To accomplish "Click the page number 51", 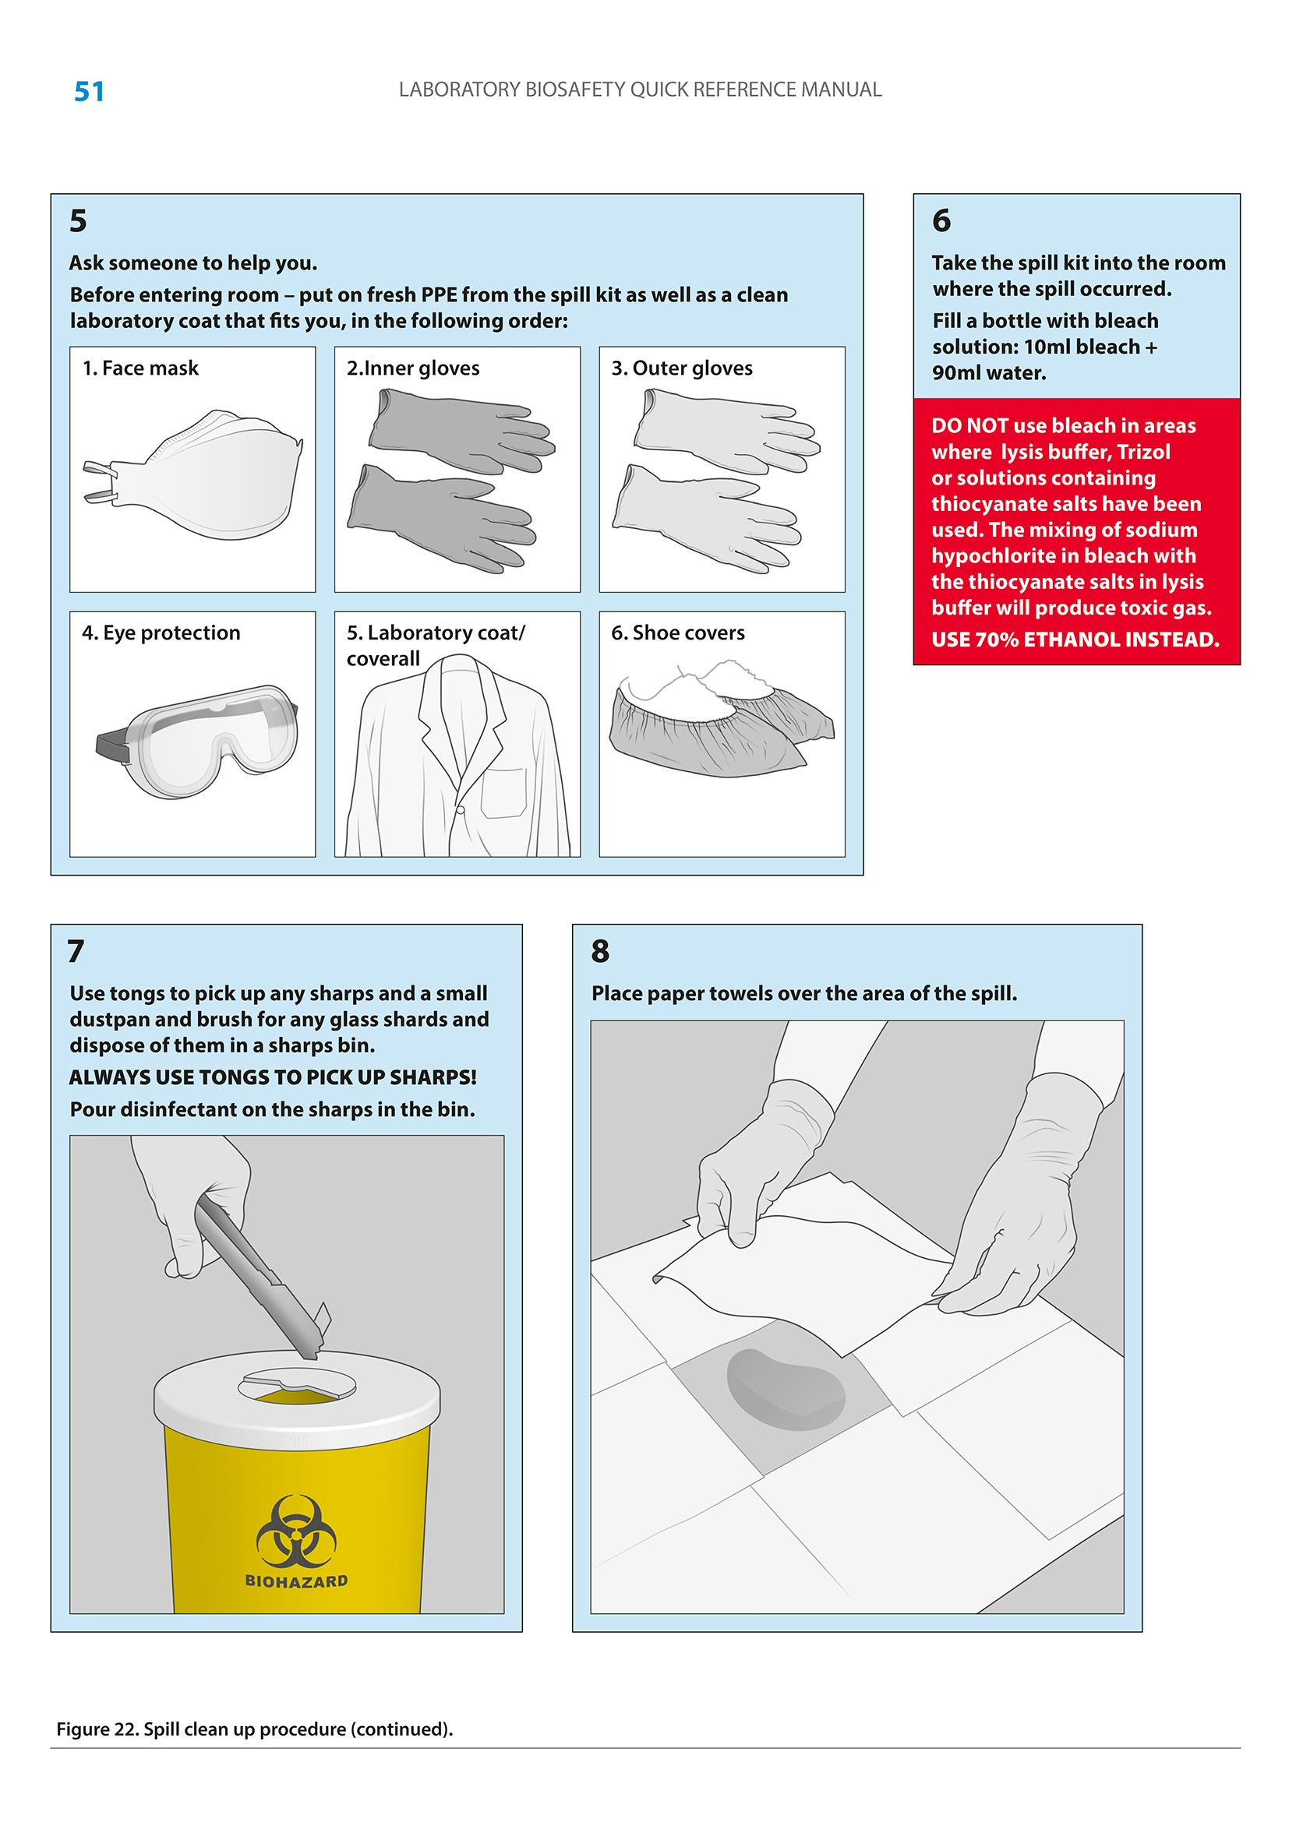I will coord(89,91).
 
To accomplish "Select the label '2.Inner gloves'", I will coord(413,368).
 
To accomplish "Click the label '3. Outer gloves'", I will coord(682,368).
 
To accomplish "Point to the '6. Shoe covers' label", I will coord(678,633).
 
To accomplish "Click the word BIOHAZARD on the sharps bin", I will coord(296,1581).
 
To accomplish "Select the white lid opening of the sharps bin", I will coord(297,1386).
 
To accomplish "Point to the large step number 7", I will coord(76,950).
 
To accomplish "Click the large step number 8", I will coord(600,950).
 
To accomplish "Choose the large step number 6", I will coord(941,220).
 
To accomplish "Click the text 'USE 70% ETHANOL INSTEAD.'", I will coord(1075,640).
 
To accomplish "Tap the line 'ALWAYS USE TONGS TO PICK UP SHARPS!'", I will coord(273,1077).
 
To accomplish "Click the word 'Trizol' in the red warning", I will coord(1144,452).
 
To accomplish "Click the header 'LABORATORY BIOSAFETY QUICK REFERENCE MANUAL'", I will coord(640,90).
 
